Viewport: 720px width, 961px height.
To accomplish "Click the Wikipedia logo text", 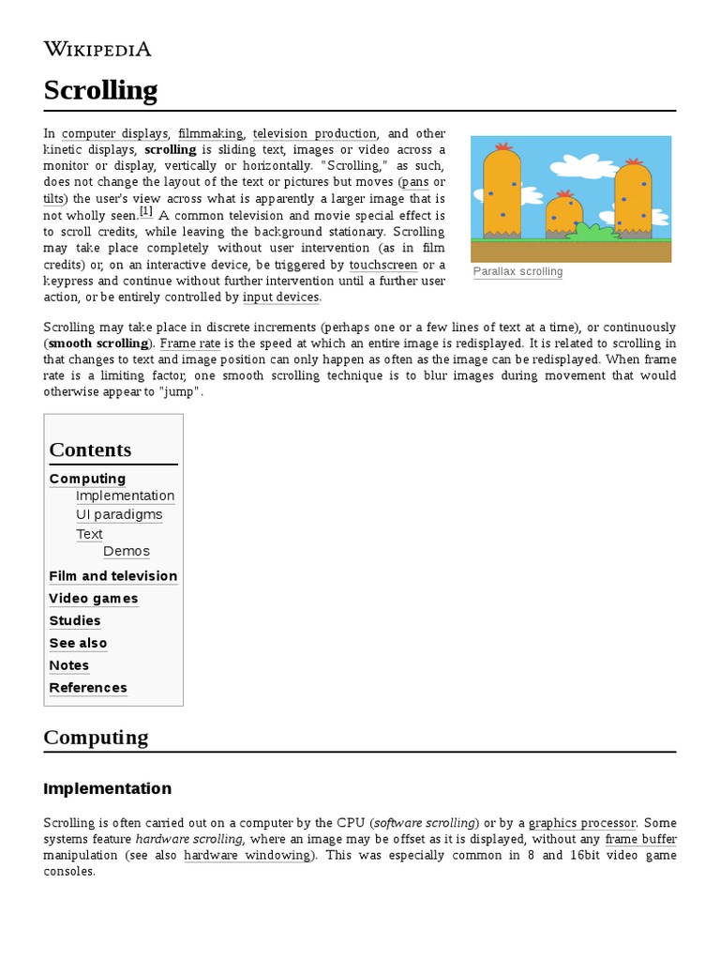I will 97,50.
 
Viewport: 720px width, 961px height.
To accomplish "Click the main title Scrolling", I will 100,91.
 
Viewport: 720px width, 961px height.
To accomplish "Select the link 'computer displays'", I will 115,134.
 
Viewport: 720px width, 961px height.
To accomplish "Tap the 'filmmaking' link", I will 210,134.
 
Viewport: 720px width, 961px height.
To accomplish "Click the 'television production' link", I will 315,134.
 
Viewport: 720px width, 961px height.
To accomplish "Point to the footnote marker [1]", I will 146,212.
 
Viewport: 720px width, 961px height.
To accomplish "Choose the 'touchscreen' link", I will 382,265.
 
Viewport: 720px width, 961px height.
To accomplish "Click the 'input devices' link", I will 281,297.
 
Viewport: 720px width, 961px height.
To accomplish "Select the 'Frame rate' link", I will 189,343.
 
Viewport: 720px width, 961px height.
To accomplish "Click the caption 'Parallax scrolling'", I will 518,272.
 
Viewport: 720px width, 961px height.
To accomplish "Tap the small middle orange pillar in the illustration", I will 563,215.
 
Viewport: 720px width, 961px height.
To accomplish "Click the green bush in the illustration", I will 593,230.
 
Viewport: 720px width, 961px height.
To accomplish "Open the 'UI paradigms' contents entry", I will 119,514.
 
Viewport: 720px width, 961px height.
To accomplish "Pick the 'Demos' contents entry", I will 127,551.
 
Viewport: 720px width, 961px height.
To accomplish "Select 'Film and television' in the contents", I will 113,576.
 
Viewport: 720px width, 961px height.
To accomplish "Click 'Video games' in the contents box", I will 94,599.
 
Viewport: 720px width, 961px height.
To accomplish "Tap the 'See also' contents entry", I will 79,643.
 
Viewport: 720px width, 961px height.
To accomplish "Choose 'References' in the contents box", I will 88,688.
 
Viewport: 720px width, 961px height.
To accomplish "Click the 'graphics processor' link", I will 582,823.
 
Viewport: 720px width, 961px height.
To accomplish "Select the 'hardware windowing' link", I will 247,855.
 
